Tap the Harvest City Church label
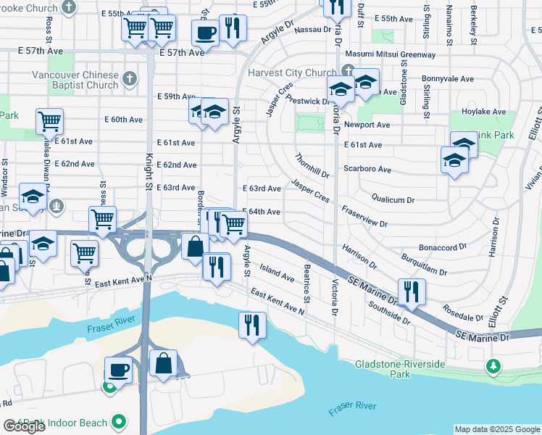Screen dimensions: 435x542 [x=292, y=72]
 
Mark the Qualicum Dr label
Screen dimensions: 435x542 [x=393, y=199]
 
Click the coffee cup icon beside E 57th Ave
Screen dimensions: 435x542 [x=206, y=33]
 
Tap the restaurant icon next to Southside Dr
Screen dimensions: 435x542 [x=411, y=291]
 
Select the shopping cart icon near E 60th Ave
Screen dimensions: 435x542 [x=49, y=121]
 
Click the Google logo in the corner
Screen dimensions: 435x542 [x=23, y=427]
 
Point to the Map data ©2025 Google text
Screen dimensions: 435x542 [x=497, y=429]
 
